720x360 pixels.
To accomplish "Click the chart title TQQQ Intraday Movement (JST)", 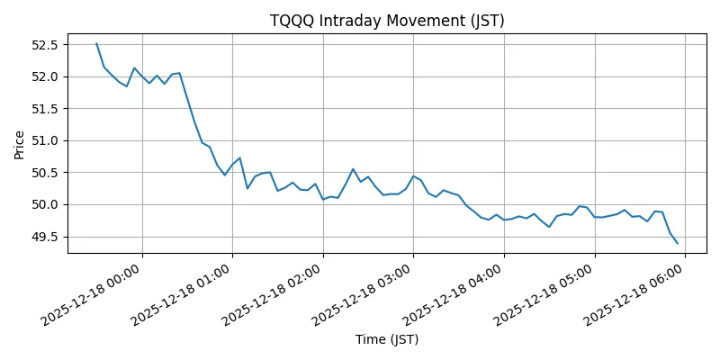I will (x=387, y=21).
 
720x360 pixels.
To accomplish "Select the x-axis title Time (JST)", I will (x=387, y=339).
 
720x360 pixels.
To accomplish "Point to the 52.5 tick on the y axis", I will (x=43, y=45).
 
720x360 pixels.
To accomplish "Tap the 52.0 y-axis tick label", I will (x=43, y=76).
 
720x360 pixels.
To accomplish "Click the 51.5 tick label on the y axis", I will (x=43, y=109).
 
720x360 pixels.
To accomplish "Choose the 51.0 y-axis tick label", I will (x=43, y=140).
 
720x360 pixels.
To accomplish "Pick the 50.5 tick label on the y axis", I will (x=43, y=173).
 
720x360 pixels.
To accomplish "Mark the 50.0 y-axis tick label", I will (x=43, y=204).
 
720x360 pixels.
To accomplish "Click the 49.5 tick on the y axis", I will (x=43, y=237).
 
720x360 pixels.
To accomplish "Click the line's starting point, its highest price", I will (x=96, y=43).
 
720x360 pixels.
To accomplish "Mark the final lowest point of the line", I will (x=677, y=243).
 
